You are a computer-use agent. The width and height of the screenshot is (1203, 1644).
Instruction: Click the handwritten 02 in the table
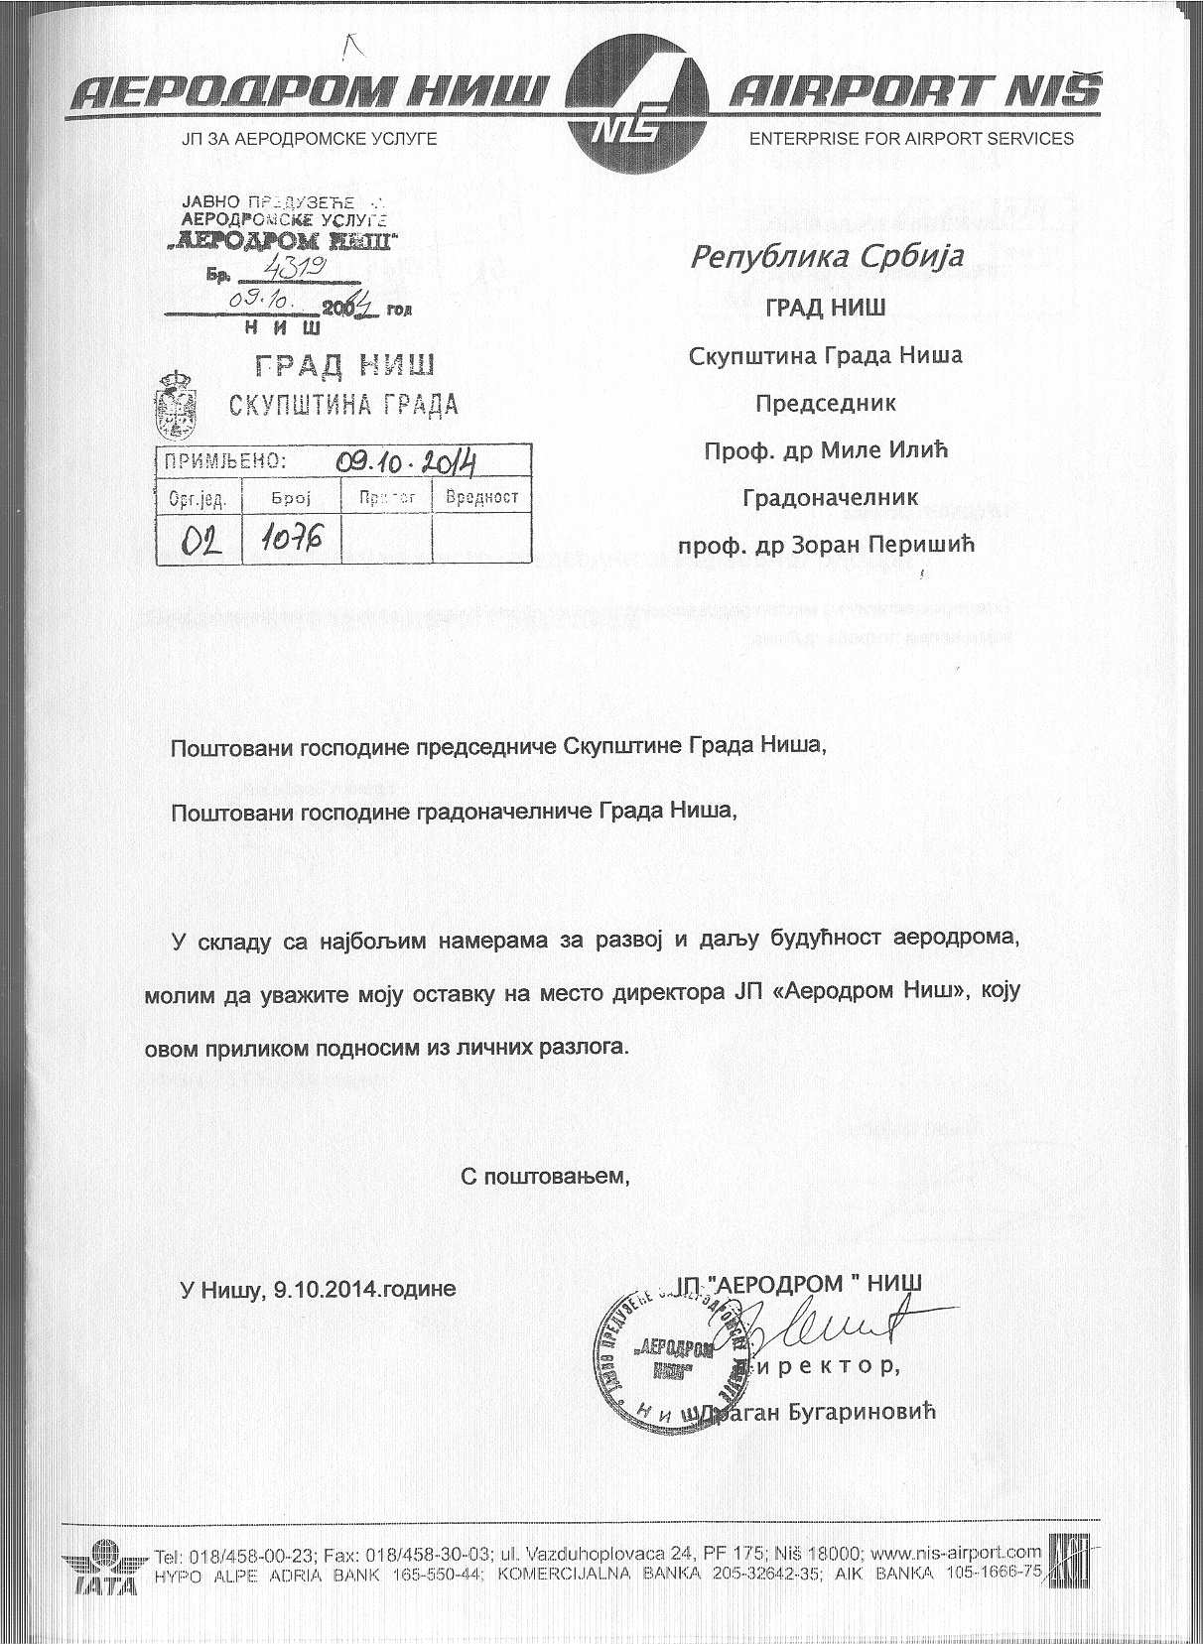coord(200,541)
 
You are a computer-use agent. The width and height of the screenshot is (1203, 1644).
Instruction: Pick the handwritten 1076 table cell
coord(292,539)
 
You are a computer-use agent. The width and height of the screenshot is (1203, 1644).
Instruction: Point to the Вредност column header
coord(482,497)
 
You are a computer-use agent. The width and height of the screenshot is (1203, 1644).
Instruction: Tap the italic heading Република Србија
coord(827,258)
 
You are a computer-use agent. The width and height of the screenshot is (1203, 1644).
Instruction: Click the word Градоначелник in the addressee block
coord(830,497)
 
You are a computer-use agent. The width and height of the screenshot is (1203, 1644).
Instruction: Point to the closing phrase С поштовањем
coord(545,1177)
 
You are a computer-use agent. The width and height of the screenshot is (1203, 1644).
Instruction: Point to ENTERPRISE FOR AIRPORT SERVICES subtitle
coord(910,139)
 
